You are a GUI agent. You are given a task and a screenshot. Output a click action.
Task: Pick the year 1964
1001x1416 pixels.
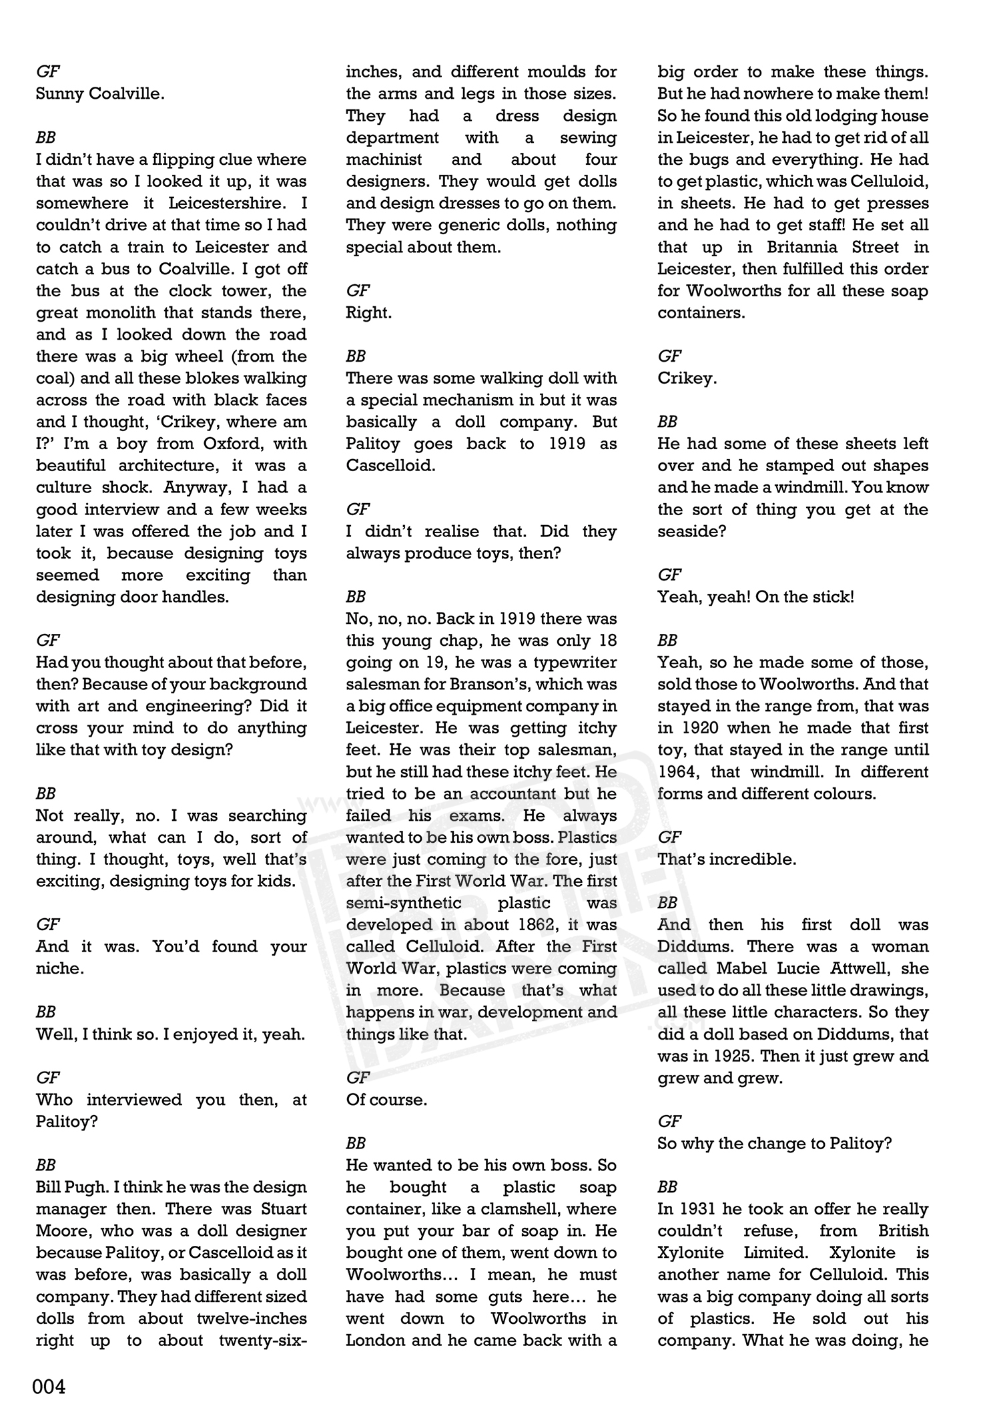coord(679,772)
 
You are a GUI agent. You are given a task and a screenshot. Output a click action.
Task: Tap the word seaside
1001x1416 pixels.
coord(689,531)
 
